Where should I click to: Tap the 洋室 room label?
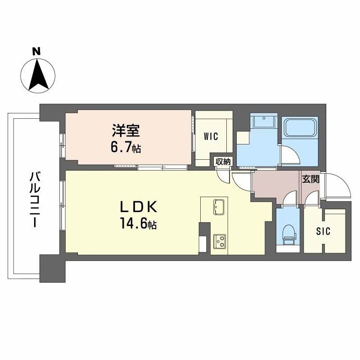tap(126, 131)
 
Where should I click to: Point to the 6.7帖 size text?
tap(126, 148)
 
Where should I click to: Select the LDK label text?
tap(138, 207)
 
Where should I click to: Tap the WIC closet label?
tap(210, 136)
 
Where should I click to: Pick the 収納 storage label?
tap(222, 161)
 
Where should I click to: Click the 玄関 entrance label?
tap(310, 179)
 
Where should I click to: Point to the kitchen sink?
tap(219, 207)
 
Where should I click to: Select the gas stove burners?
tap(219, 241)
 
